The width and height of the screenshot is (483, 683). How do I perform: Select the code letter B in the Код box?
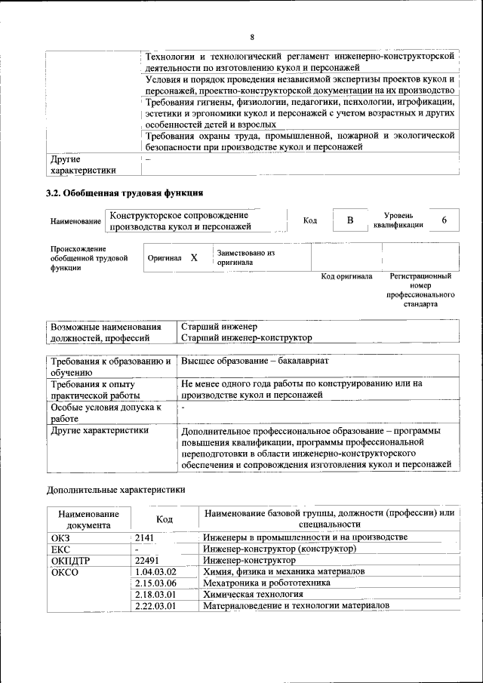pos(350,220)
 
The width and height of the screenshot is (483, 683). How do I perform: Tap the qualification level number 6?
pos(445,220)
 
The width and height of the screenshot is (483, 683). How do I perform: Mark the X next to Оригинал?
pos(194,257)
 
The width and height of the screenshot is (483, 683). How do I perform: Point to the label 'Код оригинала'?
pos(346,277)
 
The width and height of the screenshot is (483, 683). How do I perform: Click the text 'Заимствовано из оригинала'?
pos(245,257)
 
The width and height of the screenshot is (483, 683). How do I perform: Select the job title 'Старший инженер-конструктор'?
pos(247,337)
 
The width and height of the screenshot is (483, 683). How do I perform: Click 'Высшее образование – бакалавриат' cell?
pos(254,361)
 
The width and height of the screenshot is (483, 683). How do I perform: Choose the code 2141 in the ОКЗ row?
pos(144,537)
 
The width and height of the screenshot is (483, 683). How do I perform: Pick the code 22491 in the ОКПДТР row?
pos(147,560)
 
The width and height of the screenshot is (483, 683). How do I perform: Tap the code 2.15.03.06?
pos(155,583)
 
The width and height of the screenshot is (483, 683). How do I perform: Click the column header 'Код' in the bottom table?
pos(165,519)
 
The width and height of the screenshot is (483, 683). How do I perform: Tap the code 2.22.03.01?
pos(155,605)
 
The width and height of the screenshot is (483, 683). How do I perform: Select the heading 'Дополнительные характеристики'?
pos(115,489)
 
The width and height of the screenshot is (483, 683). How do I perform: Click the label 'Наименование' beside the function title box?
pos(75,221)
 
